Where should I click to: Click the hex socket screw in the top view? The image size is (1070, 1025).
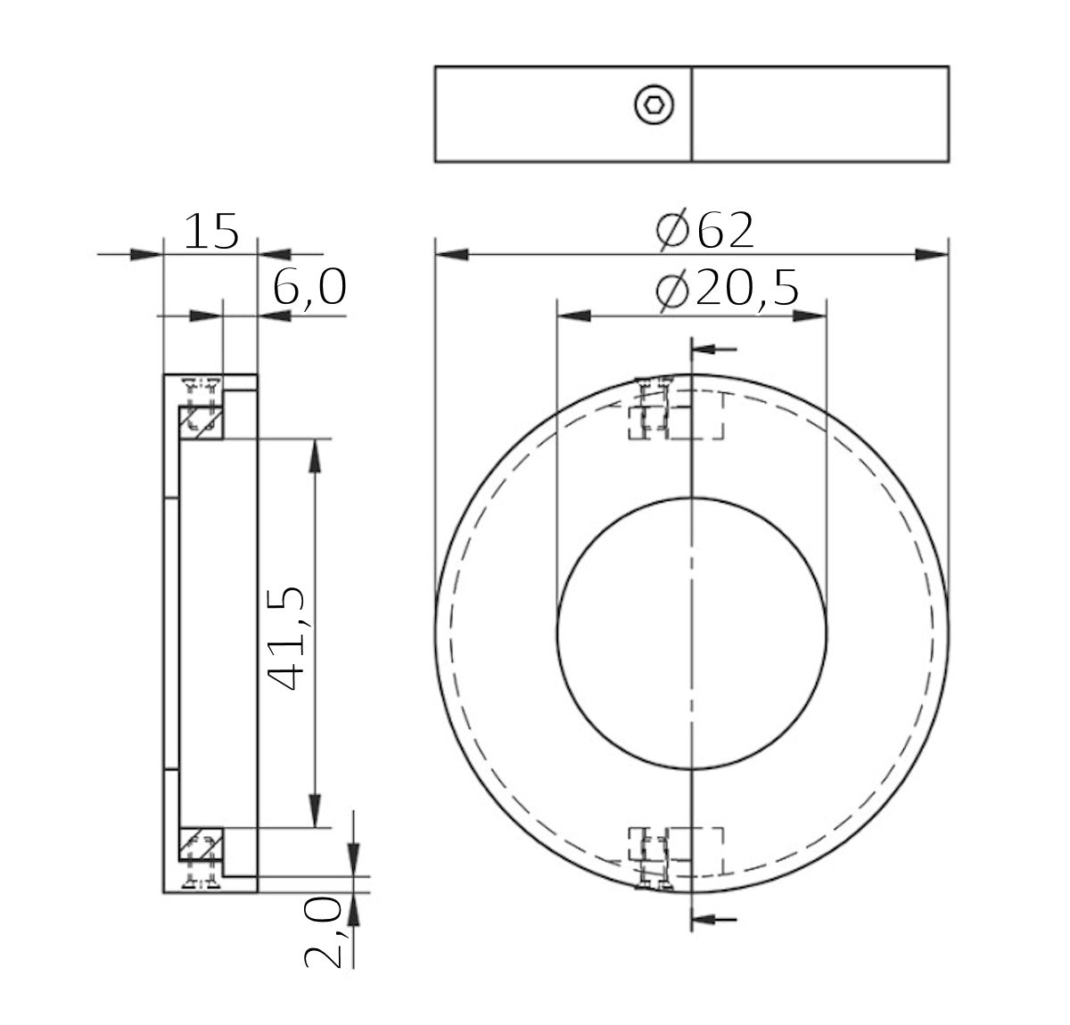pyautogui.click(x=654, y=106)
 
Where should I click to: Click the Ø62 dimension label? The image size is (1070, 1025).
pyautogui.click(x=705, y=230)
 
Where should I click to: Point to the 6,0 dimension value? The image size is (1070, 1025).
pyautogui.click(x=309, y=290)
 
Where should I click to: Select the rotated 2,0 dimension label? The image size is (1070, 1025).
pyautogui.click(x=324, y=932)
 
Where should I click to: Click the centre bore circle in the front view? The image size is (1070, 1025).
pyautogui.click(x=691, y=631)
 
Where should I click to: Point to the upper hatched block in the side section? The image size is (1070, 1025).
pyautogui.click(x=201, y=421)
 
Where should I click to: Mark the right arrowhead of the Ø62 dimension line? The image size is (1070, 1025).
pyautogui.click(x=931, y=255)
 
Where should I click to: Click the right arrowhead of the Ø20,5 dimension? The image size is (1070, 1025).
pyautogui.click(x=809, y=316)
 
